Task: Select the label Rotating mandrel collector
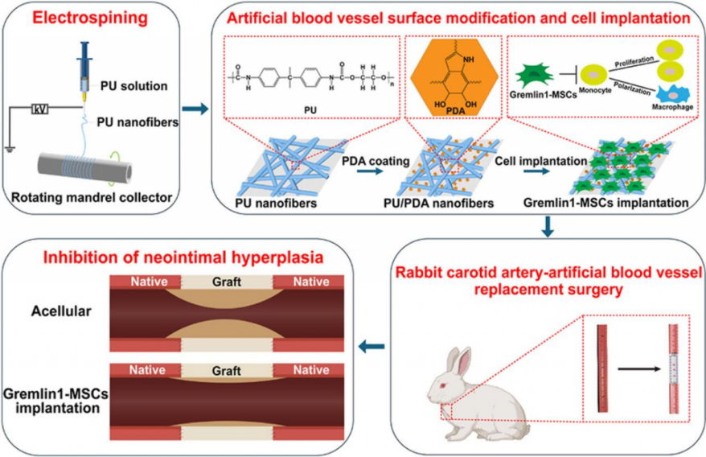click(x=96, y=196)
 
